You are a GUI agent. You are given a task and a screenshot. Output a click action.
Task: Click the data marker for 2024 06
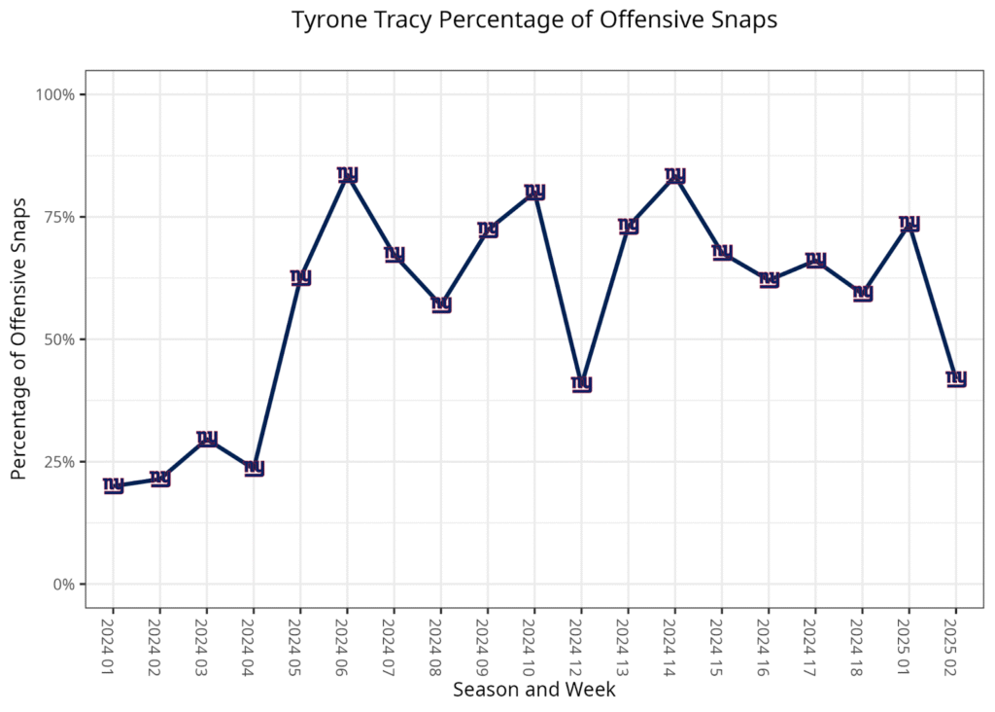[x=348, y=175]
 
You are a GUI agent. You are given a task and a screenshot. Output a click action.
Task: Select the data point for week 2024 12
[x=581, y=383]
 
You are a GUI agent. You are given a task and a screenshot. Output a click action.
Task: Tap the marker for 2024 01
[x=114, y=485]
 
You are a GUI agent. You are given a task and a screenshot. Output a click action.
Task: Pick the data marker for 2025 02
[x=956, y=378]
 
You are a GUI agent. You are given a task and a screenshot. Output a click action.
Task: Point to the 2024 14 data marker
[x=675, y=176]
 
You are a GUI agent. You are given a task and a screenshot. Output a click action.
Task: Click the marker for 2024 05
[x=301, y=277]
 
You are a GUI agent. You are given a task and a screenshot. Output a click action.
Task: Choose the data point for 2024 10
[x=534, y=192]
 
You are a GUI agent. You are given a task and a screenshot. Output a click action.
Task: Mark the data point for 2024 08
[x=441, y=304]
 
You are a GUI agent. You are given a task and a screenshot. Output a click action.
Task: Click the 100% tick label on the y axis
[x=55, y=94]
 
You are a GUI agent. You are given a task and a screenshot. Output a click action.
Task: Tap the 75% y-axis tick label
[x=59, y=217]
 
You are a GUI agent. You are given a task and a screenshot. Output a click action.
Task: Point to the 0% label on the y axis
[x=63, y=585]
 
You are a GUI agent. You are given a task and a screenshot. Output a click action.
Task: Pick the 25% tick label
[x=59, y=462]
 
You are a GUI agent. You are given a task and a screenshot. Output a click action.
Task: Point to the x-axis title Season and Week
[x=533, y=690]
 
